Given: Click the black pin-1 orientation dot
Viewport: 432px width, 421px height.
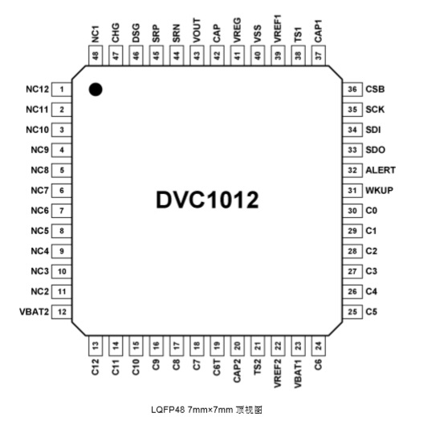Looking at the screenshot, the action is pyautogui.click(x=96, y=90).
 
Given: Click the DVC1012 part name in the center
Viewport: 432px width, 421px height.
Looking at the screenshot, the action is pyautogui.click(x=207, y=200).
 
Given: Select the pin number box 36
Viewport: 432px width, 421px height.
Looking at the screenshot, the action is pyautogui.click(x=353, y=89).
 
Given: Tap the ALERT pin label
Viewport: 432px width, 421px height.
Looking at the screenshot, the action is pyautogui.click(x=381, y=170).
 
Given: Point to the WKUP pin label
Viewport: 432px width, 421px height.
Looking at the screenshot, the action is pyautogui.click(x=379, y=190).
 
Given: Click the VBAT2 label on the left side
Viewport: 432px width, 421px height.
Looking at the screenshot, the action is pyautogui.click(x=35, y=312).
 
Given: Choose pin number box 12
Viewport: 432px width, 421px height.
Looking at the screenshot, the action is pyautogui.click(x=62, y=312).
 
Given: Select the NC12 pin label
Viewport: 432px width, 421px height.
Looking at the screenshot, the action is pyautogui.click(x=37, y=89).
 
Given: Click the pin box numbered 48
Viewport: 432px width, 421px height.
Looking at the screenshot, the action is pyautogui.click(x=96, y=55).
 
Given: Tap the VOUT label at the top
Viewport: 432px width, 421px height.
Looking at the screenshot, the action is pyautogui.click(x=197, y=30).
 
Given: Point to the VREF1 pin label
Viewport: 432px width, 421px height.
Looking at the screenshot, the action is pyautogui.click(x=278, y=29).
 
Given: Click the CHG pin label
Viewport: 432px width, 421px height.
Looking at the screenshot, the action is pyautogui.click(x=116, y=33).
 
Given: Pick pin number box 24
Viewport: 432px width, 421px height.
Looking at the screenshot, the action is pyautogui.click(x=318, y=346).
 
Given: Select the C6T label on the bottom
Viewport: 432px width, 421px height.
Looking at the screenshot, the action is pyautogui.click(x=217, y=367).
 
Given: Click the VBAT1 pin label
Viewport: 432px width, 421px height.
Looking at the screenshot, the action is pyautogui.click(x=298, y=374).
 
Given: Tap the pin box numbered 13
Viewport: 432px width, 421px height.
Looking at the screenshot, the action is pyautogui.click(x=96, y=346).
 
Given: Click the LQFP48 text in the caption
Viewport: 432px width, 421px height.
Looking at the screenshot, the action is pyautogui.click(x=168, y=410).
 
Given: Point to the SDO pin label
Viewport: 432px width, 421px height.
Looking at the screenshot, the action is pyautogui.click(x=375, y=150).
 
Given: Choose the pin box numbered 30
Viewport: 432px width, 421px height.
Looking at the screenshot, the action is pyautogui.click(x=353, y=210).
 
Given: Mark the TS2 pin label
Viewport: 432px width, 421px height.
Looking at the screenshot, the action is pyautogui.click(x=257, y=366).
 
